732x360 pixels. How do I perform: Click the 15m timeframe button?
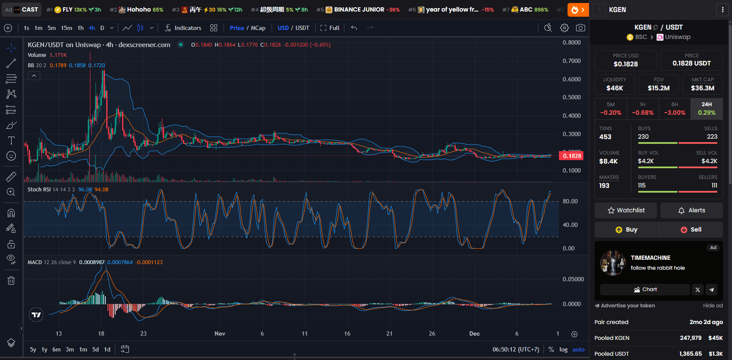pyautogui.click(x=66, y=28)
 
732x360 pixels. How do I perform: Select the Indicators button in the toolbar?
pyautogui.click(x=183, y=28)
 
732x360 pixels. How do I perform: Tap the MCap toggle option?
pyautogui.click(x=258, y=28)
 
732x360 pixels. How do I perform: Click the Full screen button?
pyautogui.click(x=330, y=28)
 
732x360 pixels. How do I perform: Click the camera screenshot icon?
pyautogui.click(x=580, y=28)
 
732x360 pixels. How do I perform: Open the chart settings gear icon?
pyautogui.click(x=565, y=28)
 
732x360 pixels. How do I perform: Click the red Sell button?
pyautogui.click(x=691, y=229)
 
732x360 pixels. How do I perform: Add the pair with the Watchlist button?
pyautogui.click(x=626, y=210)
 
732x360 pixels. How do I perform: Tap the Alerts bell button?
pyautogui.click(x=691, y=210)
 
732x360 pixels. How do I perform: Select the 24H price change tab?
pyautogui.click(x=706, y=109)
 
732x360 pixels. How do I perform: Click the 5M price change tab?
pyautogui.click(x=610, y=109)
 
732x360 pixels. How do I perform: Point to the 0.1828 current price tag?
pyautogui.click(x=571, y=156)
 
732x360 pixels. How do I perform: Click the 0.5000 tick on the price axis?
pyautogui.click(x=571, y=97)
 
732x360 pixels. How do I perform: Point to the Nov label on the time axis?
pyautogui.click(x=220, y=333)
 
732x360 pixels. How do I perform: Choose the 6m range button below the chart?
pyautogui.click(x=57, y=349)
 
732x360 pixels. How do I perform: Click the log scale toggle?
pyautogui.click(x=563, y=349)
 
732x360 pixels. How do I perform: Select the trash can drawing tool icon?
pyautogui.click(x=11, y=280)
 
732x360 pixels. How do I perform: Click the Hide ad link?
pyautogui.click(x=713, y=306)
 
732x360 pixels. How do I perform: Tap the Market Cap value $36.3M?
pyautogui.click(x=702, y=88)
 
